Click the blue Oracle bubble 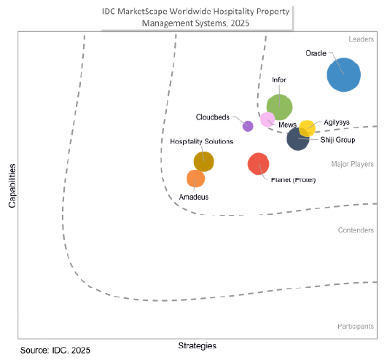pyautogui.click(x=343, y=74)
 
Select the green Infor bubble pyautogui.click(x=279, y=106)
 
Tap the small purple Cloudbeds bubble pyautogui.click(x=248, y=126)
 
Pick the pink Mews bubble pyautogui.click(x=267, y=120)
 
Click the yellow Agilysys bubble pyautogui.click(x=308, y=128)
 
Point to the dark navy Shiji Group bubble pyautogui.click(x=297, y=138)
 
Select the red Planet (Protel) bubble pyautogui.click(x=259, y=164)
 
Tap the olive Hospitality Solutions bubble pyautogui.click(x=203, y=161)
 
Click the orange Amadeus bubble pyautogui.click(x=195, y=179)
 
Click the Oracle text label pyautogui.click(x=316, y=53)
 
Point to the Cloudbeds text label pyautogui.click(x=214, y=117)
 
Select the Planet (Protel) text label pyautogui.click(x=293, y=180)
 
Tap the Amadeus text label pyautogui.click(x=192, y=197)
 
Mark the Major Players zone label pyautogui.click(x=352, y=164)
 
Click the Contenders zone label pyautogui.click(x=356, y=230)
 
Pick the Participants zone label pyautogui.click(x=356, y=326)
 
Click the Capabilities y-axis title pyautogui.click(x=12, y=185)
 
